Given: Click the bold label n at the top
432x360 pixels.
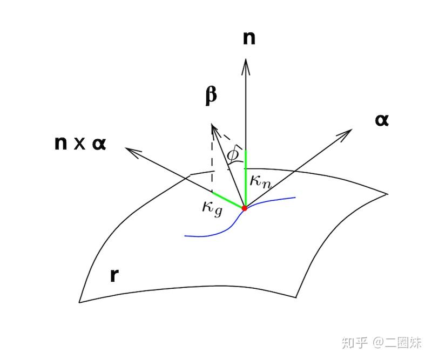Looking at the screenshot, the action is point(249,38).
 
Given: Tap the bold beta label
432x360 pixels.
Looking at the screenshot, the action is point(211,95).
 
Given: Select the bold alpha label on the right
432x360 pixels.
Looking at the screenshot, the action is point(382,120).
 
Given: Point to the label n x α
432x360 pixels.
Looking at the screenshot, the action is point(81,144).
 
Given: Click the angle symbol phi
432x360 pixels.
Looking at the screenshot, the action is point(233,155).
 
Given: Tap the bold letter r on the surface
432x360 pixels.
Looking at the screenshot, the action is point(114,275).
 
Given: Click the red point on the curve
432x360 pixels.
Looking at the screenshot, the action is point(245,208).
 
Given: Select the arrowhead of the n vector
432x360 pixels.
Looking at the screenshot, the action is point(246,64).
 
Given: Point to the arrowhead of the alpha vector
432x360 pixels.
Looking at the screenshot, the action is point(348,132).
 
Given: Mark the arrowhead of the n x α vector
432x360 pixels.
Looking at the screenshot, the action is point(130,150).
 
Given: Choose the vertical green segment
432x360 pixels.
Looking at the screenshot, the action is point(246,178).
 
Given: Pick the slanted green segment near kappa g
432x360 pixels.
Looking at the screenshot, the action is point(228,200).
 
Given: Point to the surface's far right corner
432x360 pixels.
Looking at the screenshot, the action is point(387,193).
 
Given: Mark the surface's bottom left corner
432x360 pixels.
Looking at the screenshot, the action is point(80,302).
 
